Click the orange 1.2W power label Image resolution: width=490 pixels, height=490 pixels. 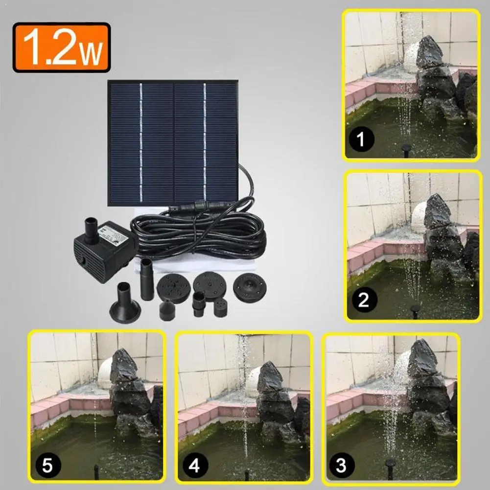coord(62,47)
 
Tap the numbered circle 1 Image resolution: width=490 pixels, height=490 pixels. coord(361,141)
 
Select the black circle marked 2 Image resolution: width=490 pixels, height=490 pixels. coord(363,300)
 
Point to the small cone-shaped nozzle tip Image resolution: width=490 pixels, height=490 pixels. coord(167,309)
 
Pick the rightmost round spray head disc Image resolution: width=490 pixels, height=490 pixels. coord(249,287)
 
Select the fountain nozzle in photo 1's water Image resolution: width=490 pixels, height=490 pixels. coord(406,148)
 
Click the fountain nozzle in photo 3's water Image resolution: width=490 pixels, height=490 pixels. coord(390,462)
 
